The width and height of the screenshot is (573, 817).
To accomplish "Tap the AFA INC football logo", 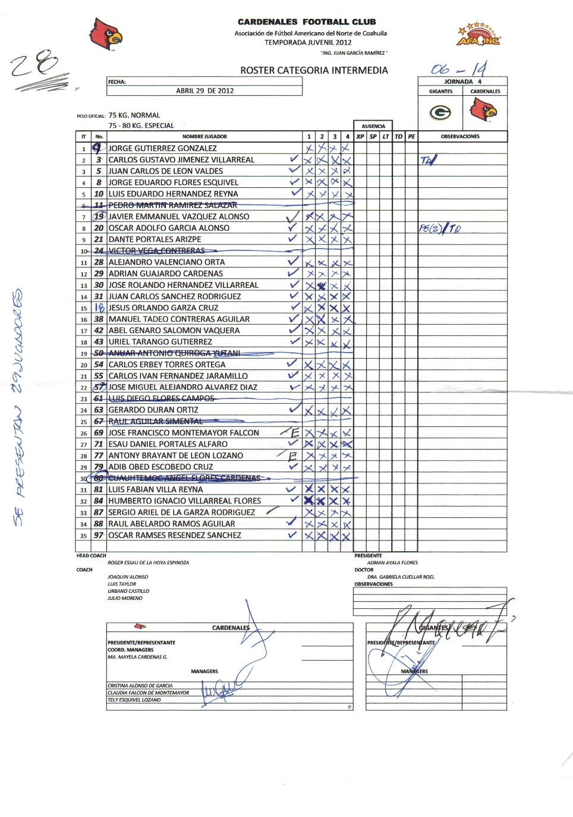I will click(478, 34).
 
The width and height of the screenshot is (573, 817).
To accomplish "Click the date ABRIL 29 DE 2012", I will click(204, 91).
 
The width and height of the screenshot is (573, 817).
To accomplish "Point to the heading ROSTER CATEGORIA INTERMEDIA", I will click(314, 70).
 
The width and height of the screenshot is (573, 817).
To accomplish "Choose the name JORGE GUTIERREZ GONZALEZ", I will click(162, 148).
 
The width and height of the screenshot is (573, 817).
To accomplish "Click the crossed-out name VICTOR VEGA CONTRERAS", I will click(156, 250).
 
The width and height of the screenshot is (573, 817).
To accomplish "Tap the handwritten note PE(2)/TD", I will click(439, 228).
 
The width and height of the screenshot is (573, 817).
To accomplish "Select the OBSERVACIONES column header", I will click(460, 137).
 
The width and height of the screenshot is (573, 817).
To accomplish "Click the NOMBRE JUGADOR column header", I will click(204, 137).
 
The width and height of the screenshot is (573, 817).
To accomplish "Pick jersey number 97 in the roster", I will click(99, 535).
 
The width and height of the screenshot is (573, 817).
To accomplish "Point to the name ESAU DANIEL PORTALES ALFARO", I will click(168, 444).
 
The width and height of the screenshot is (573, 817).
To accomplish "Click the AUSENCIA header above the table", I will click(373, 126).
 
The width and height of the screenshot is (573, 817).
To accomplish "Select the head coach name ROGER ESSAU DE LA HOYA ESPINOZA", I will click(148, 563).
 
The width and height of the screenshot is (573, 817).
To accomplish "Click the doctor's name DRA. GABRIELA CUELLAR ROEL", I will click(401, 577).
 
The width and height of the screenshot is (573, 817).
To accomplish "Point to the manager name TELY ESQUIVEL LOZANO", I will click(134, 700).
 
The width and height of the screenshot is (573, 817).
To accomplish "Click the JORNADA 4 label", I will click(462, 81).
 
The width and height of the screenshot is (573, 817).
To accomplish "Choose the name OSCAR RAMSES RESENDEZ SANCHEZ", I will click(175, 535).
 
